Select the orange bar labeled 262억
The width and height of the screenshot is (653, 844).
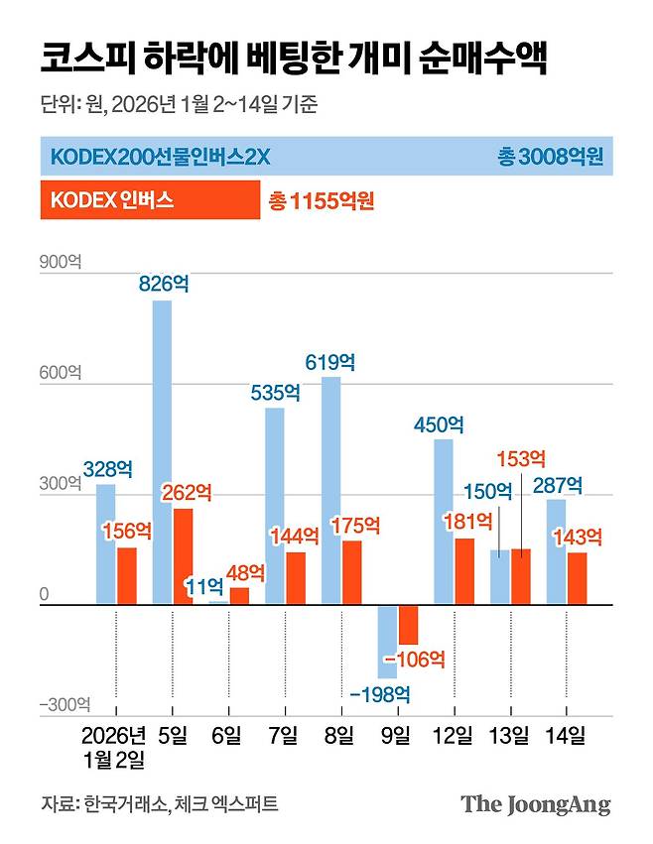coord(183,556)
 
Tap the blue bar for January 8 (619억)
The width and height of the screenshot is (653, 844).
coord(330,490)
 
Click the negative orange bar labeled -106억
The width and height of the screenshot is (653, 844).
coord(408,625)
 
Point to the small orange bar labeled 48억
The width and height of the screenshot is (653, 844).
coord(239,596)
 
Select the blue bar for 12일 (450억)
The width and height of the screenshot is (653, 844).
coord(444,522)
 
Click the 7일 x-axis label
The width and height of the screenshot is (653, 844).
coord(282,736)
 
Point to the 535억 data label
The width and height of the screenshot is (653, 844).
coord(275,392)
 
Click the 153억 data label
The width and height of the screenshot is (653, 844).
coord(521,458)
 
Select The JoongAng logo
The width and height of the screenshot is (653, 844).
coord(536,803)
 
